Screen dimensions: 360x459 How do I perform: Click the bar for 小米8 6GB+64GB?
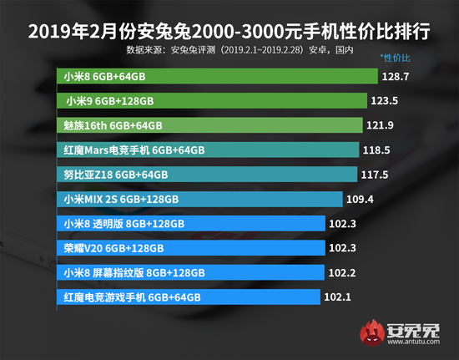click(217, 76)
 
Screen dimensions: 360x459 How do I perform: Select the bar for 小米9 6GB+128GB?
click(213, 101)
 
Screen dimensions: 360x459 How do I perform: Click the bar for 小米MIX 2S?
click(201, 200)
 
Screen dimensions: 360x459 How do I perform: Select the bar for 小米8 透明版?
click(191, 224)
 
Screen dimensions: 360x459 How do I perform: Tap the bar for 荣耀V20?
click(191, 248)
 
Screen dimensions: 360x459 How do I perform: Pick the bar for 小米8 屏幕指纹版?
click(191, 272)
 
